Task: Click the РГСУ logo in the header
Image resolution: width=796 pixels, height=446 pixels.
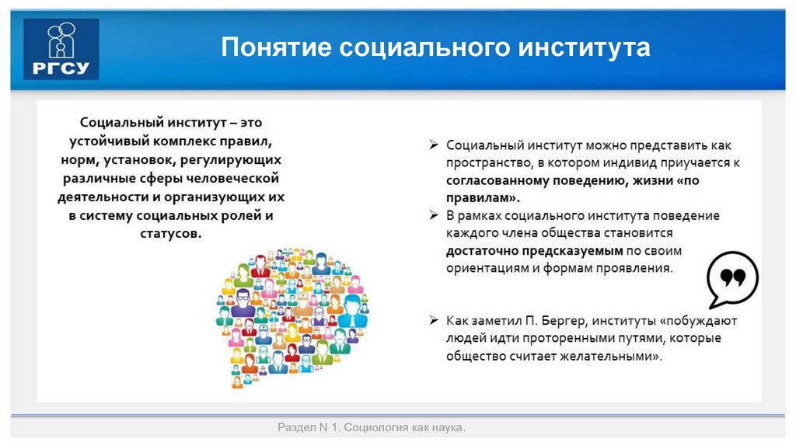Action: click(x=61, y=50)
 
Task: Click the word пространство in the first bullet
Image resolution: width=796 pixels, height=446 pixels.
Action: click(x=484, y=162)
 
